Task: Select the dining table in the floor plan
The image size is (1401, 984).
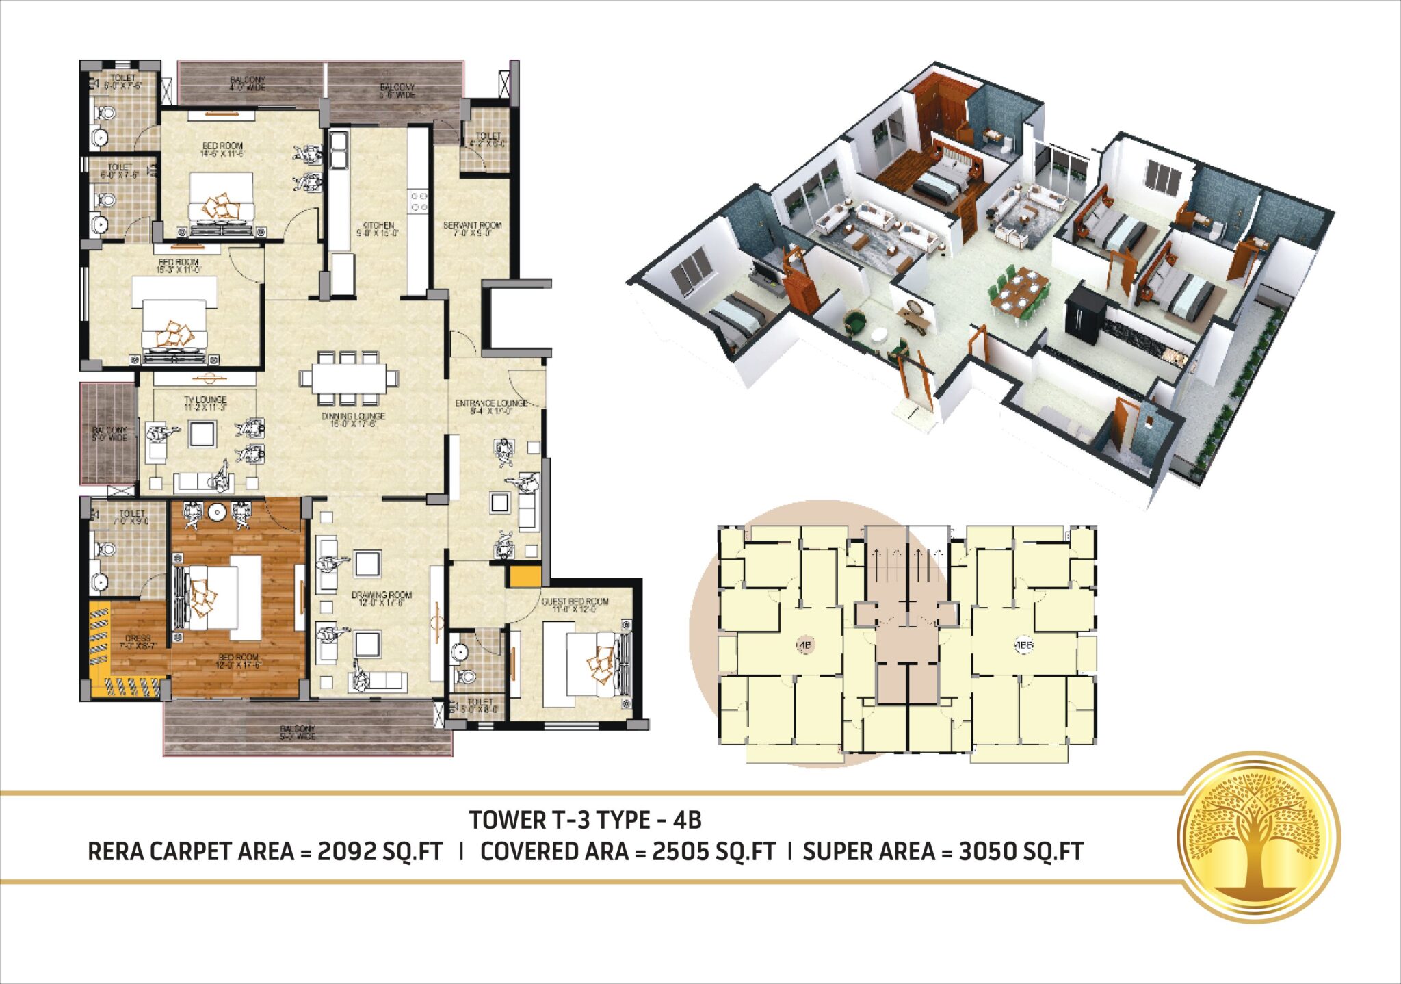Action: click(x=348, y=378)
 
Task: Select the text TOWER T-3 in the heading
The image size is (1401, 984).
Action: click(x=529, y=820)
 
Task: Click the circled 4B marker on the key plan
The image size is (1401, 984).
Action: click(x=805, y=645)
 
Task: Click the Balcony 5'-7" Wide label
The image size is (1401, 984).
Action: click(x=298, y=733)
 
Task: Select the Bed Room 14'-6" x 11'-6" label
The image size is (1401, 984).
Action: click(x=222, y=149)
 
